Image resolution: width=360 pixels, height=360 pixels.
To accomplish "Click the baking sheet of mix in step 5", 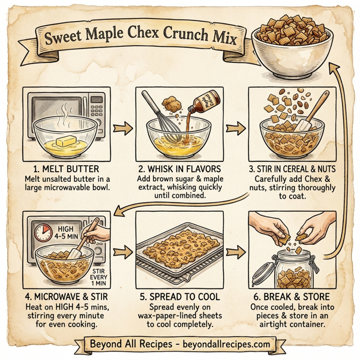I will point(179,253).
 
